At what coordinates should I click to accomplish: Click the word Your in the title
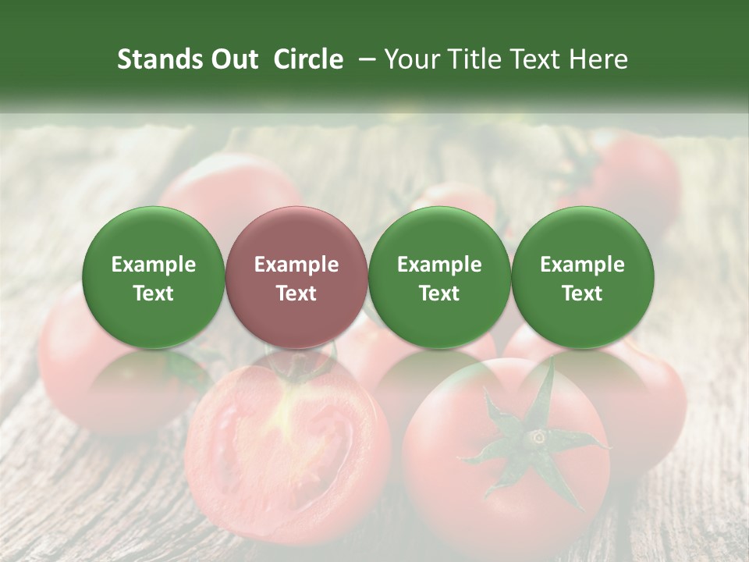[411, 59]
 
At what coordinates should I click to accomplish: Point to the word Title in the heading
[471, 59]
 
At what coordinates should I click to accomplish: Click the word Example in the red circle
[296, 265]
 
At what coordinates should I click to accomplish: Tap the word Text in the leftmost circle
[154, 293]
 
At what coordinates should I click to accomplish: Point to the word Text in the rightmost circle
[583, 293]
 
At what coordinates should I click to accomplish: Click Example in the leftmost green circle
[154, 265]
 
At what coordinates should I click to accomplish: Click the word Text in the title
[536, 59]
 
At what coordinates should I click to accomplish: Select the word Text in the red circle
[296, 293]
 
